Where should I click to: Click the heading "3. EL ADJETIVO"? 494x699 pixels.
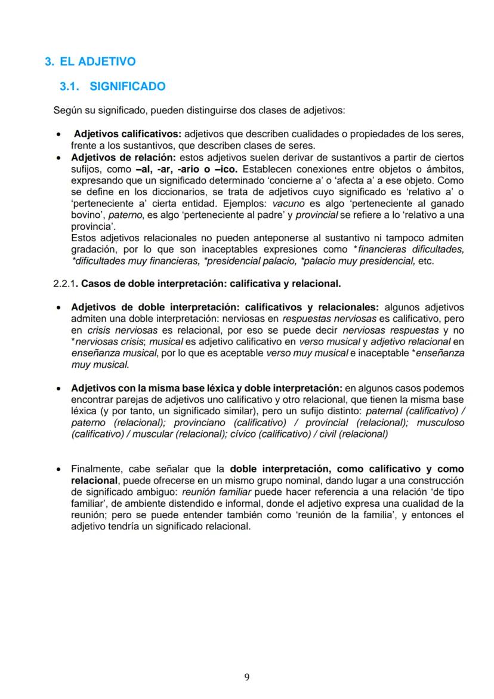(91, 61)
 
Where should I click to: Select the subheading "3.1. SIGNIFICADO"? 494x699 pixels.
(113, 87)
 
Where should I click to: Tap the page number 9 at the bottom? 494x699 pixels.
(247, 677)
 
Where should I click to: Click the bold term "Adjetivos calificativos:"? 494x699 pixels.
(128, 135)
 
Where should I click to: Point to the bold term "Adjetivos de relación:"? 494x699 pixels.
(123, 158)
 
